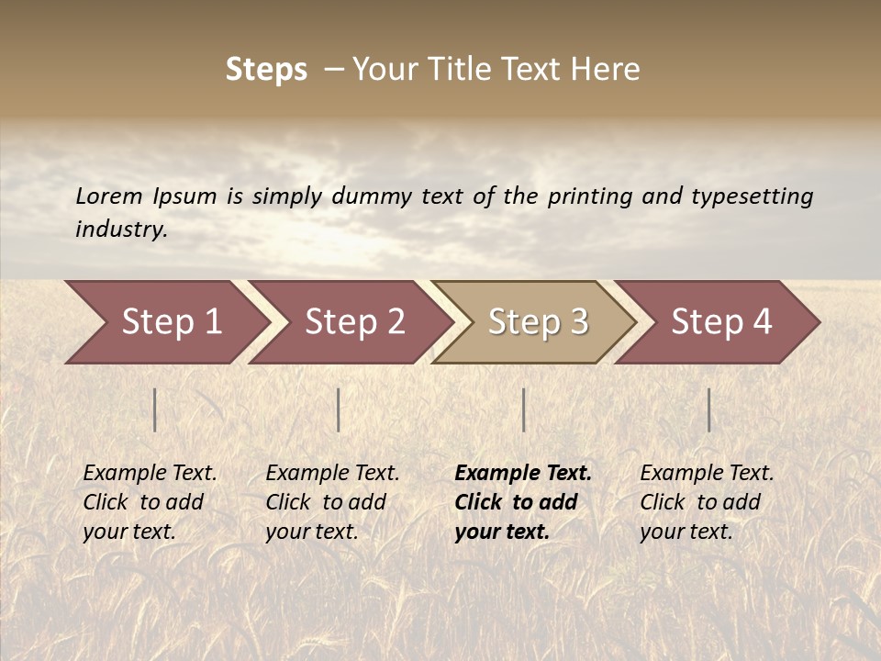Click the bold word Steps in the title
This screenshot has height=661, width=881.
coord(266,70)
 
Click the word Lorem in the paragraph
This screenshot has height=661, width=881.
coord(109,196)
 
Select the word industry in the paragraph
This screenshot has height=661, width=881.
coord(121,230)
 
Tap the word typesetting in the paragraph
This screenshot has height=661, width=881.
coord(752,196)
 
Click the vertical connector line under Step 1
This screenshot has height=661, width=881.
coord(155,409)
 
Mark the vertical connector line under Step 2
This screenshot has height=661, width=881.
coord(339,409)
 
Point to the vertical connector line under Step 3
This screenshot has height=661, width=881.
coord(523,409)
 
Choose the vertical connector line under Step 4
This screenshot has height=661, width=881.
coord(708,409)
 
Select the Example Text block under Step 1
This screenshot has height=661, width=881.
coord(150,502)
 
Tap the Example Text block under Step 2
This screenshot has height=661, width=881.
coord(332,502)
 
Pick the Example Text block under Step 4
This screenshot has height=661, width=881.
coord(707,502)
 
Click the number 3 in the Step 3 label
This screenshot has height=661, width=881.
coord(578,322)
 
